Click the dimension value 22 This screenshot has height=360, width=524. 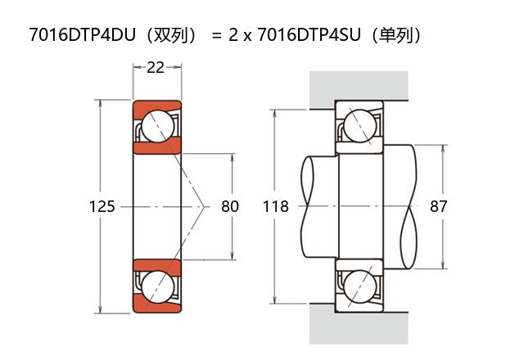[x=156, y=68]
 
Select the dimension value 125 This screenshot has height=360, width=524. [x=102, y=207]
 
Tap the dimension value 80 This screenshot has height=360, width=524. [x=230, y=207]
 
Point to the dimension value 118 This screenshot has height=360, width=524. [x=276, y=207]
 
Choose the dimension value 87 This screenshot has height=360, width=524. [x=439, y=207]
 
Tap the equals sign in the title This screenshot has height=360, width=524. [x=216, y=36]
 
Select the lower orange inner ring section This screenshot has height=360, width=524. [x=158, y=267]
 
